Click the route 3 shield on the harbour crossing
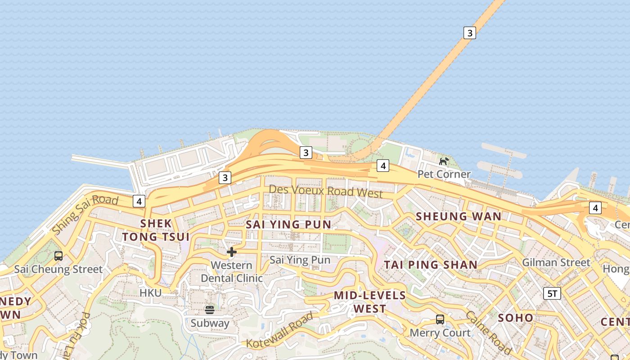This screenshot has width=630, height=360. (x=469, y=33)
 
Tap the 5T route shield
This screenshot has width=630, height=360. (x=552, y=294)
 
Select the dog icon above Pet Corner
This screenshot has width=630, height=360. (x=444, y=161)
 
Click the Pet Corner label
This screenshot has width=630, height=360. (x=444, y=174)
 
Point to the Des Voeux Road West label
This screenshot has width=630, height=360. (x=325, y=191)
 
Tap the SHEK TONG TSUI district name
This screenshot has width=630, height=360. (x=156, y=230)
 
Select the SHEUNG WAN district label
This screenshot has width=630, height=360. (x=458, y=216)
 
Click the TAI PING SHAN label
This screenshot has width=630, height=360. (x=430, y=265)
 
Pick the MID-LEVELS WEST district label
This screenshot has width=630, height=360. (x=369, y=302)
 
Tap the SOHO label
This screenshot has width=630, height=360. (x=515, y=318)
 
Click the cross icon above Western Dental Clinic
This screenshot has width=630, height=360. (x=232, y=252)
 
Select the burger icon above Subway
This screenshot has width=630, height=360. (x=210, y=310)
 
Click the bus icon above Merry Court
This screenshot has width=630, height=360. (x=440, y=319)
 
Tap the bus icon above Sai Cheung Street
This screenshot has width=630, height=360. (x=58, y=256)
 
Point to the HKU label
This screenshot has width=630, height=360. (x=150, y=293)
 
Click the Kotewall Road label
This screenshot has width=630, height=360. (x=279, y=330)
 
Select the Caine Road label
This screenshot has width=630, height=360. (x=488, y=332)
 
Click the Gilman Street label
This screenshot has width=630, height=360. (x=556, y=262)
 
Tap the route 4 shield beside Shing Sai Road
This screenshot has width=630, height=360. (x=139, y=201)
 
